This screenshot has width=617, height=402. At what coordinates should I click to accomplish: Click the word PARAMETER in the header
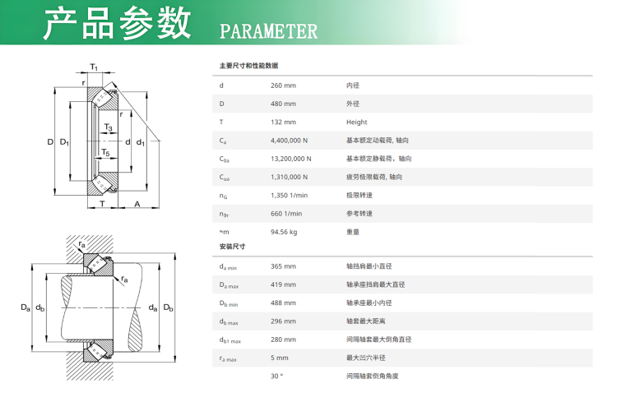[x=268, y=31]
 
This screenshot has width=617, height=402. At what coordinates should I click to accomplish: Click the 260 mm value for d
[x=283, y=85]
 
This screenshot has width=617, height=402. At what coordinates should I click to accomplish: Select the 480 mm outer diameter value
[x=283, y=104]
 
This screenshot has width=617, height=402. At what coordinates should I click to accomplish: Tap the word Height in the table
[x=356, y=122]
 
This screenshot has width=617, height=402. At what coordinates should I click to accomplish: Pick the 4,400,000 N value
[x=289, y=141]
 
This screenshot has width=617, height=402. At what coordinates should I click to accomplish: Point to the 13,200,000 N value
[x=290, y=159]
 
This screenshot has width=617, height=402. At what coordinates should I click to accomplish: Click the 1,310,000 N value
[x=289, y=177]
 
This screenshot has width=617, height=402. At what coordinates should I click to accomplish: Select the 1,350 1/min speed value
[x=289, y=196]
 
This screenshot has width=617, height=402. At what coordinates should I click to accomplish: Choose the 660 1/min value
[x=286, y=214]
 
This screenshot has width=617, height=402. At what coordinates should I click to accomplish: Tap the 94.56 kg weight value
[x=284, y=232]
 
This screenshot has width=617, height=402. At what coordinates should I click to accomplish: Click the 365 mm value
[x=283, y=266]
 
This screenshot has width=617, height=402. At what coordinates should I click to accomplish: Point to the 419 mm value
[x=283, y=284]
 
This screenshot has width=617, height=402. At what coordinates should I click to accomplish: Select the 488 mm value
[x=283, y=303]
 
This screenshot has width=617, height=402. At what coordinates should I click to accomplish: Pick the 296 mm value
[x=283, y=321]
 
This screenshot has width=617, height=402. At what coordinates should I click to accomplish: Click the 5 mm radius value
[x=280, y=358]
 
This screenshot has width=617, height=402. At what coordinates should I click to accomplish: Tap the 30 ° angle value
[x=276, y=376]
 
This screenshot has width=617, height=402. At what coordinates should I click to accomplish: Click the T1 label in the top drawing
[x=94, y=67]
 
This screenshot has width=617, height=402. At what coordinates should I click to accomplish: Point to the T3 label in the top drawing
[x=109, y=127]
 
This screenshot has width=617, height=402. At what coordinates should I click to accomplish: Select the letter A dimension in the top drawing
[x=137, y=204]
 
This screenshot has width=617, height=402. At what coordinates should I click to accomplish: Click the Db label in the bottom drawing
[x=169, y=307]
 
